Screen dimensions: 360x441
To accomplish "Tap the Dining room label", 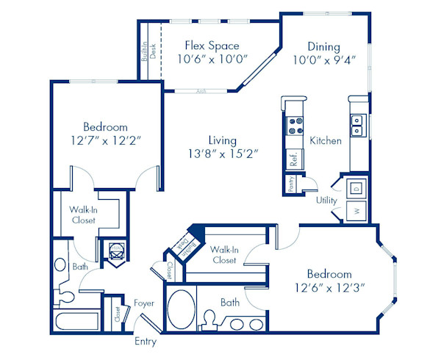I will tap(323, 46).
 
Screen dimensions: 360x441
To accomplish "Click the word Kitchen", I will tap(326, 140).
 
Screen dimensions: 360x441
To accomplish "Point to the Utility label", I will tap(327, 200).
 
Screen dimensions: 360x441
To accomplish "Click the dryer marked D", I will tap(356, 187).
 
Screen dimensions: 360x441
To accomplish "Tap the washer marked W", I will tap(356, 212).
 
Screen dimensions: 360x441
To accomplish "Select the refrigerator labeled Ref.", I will tap(293, 159).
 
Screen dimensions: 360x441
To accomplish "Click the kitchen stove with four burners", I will tap(295, 126).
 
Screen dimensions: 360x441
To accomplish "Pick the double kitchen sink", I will tap(358, 126).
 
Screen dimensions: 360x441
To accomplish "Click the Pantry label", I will tap(292, 184).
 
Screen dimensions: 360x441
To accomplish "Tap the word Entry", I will tap(146, 342).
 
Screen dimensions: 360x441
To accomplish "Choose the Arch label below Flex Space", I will tap(201, 92).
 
